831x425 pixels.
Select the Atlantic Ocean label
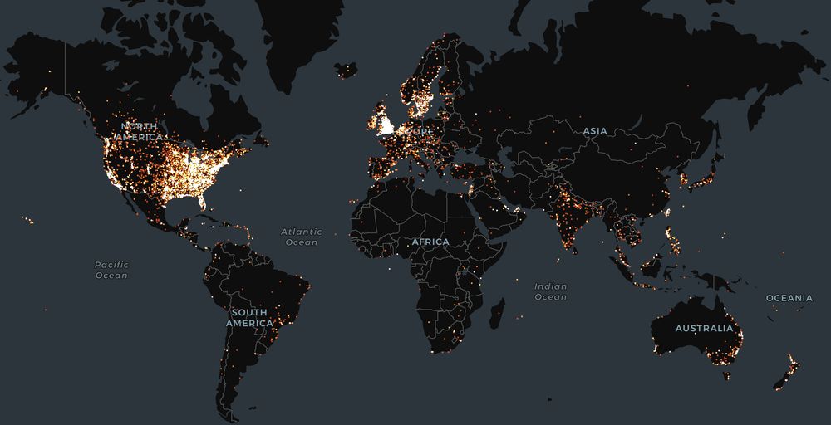[301, 237]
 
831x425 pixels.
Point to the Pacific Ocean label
[111, 270]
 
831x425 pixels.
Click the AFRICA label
[430, 242]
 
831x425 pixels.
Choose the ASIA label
[595, 131]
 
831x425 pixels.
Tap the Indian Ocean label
[550, 291]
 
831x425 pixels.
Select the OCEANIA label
[789, 297]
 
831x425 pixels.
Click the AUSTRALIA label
[704, 328]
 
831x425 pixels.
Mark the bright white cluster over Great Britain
[385, 125]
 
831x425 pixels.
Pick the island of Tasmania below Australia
[726, 374]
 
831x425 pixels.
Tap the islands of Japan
[698, 178]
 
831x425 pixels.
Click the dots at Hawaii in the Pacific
[27, 220]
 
